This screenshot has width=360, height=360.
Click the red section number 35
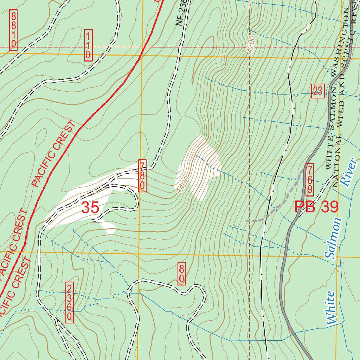pos(90,207)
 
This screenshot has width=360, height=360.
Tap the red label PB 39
pos(316,207)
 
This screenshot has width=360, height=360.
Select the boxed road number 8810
pos(13,30)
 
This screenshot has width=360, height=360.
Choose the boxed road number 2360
pos(70,302)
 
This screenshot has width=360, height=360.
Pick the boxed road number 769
pos(310,179)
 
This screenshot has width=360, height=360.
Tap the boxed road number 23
pos(317,91)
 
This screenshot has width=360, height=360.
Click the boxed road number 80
pos(181,273)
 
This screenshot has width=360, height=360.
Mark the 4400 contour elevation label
pos(184,184)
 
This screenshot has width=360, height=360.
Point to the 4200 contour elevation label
pos(250,45)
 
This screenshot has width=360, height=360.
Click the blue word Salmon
pos(333,238)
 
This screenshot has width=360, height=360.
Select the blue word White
pos(332,308)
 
